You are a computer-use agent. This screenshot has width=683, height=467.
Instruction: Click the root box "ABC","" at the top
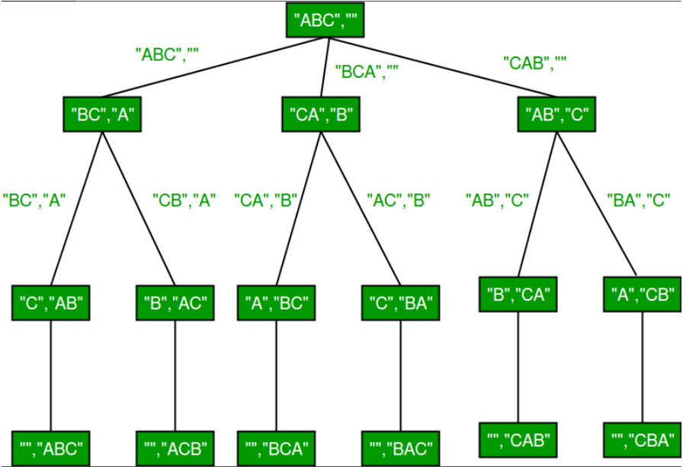325,21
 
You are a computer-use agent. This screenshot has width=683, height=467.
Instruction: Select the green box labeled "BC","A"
103,116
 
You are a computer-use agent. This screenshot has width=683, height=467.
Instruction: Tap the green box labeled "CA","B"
319,116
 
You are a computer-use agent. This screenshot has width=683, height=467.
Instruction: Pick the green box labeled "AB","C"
556,116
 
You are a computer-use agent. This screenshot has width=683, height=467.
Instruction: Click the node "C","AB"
52,303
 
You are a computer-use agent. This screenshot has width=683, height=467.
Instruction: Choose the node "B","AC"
175,303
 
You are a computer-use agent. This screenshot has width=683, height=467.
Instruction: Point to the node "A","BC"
276,303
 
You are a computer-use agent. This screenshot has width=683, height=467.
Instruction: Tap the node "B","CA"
518,294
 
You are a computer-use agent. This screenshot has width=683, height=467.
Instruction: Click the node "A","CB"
642,294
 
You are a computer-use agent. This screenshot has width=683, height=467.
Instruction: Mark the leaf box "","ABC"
52,447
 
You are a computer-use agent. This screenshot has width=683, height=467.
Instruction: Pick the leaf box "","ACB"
175,447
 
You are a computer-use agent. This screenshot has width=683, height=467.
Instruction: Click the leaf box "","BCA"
276,447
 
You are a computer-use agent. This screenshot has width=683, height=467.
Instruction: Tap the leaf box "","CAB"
518,440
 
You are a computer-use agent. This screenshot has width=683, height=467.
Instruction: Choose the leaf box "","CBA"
642,440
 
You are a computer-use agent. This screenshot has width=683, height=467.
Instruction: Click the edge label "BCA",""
367,73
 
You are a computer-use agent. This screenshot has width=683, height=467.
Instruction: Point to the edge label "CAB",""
537,62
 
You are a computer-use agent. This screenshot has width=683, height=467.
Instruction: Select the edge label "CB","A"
184,201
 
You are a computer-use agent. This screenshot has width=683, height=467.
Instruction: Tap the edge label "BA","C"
637,201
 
